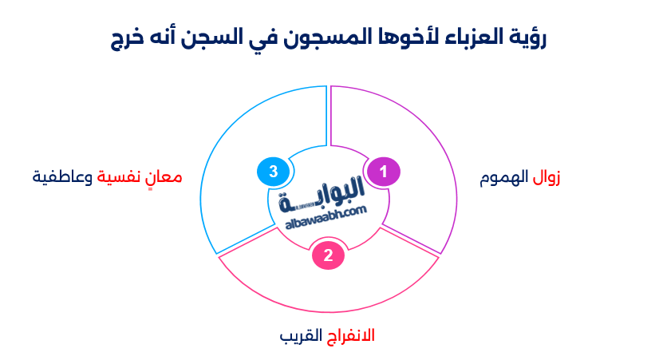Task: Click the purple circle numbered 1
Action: pyautogui.click(x=383, y=172)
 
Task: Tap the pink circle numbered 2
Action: pyautogui.click(x=328, y=255)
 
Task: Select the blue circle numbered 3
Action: pyautogui.click(x=273, y=172)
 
